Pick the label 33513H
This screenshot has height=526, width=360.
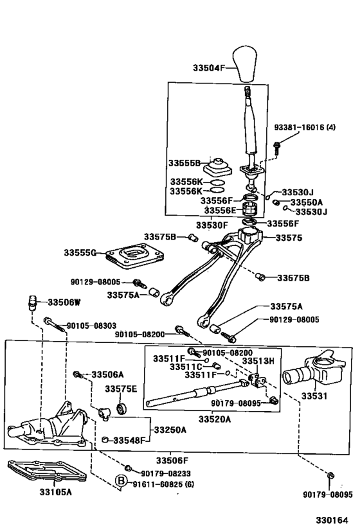click(x=258, y=361)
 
